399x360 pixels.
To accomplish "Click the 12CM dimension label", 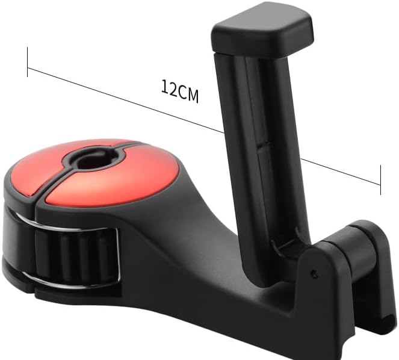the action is click(x=180, y=91).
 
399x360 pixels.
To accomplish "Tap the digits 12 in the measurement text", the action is click(x=169, y=88).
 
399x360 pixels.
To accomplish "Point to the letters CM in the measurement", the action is click(x=188, y=94).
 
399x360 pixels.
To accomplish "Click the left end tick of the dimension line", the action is click(x=27, y=62).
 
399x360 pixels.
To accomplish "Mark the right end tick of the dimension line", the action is click(x=381, y=180).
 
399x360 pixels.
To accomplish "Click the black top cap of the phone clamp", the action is click(x=262, y=34).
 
